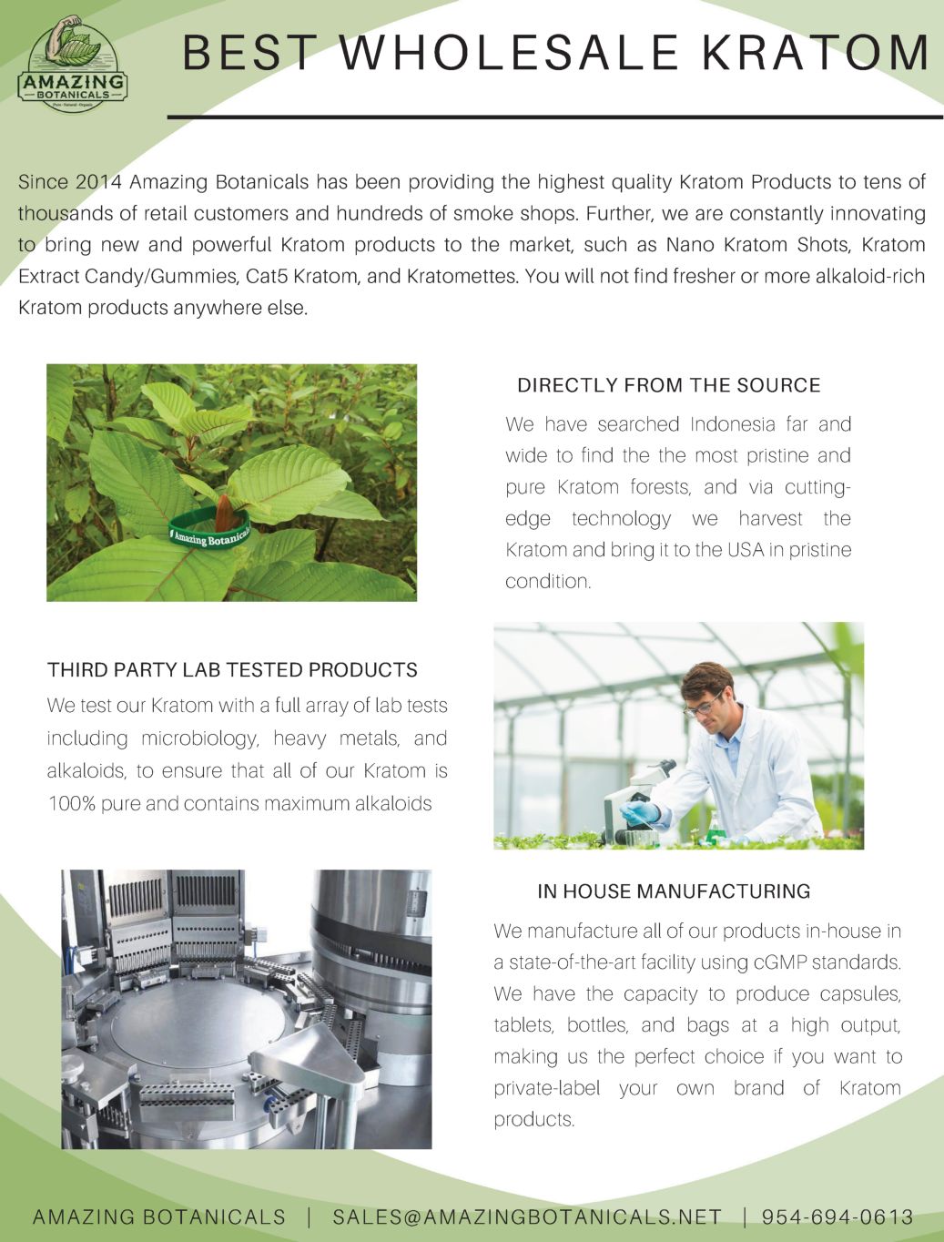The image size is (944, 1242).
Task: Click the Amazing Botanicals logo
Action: (x=73, y=64)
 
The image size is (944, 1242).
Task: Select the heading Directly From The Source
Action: (x=668, y=385)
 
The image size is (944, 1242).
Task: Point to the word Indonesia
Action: (x=733, y=424)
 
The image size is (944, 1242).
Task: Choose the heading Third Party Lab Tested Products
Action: (x=232, y=670)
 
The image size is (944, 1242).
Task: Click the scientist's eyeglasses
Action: (x=702, y=705)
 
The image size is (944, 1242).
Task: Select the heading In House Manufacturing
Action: (x=674, y=891)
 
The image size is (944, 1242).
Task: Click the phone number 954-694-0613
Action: (x=837, y=1217)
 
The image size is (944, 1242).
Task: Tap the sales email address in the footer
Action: (x=527, y=1217)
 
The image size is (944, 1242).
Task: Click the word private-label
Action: (x=546, y=1088)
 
